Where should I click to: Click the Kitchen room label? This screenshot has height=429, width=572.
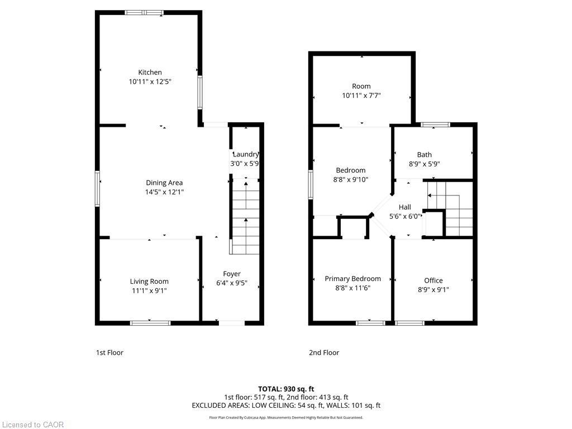click(x=150, y=72)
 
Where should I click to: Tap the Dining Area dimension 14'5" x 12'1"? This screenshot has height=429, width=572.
click(x=164, y=192)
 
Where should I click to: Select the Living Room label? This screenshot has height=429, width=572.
click(x=149, y=282)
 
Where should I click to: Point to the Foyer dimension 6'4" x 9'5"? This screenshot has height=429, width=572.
click(x=232, y=283)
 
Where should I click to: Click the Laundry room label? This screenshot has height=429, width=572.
click(x=246, y=155)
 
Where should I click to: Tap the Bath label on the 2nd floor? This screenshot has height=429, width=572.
click(x=424, y=155)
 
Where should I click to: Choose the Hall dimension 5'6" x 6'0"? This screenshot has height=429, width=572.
click(x=405, y=216)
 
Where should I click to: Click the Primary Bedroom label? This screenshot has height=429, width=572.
click(x=352, y=279)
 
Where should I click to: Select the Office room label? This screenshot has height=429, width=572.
click(x=433, y=280)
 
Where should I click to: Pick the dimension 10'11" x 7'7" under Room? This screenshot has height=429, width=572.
click(x=361, y=96)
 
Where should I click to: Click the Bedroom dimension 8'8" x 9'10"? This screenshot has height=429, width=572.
click(x=350, y=179)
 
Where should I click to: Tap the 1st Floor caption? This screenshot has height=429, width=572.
click(x=109, y=352)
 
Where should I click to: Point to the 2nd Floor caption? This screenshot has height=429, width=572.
click(x=324, y=352)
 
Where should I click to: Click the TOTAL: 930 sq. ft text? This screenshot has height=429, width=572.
click(x=286, y=389)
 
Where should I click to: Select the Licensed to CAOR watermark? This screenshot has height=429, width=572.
click(x=32, y=425)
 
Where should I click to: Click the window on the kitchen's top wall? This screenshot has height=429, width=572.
click(x=144, y=12)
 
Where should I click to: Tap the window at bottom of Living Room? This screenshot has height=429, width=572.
click(x=150, y=322)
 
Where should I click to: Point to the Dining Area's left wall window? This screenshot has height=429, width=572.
click(x=98, y=189)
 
